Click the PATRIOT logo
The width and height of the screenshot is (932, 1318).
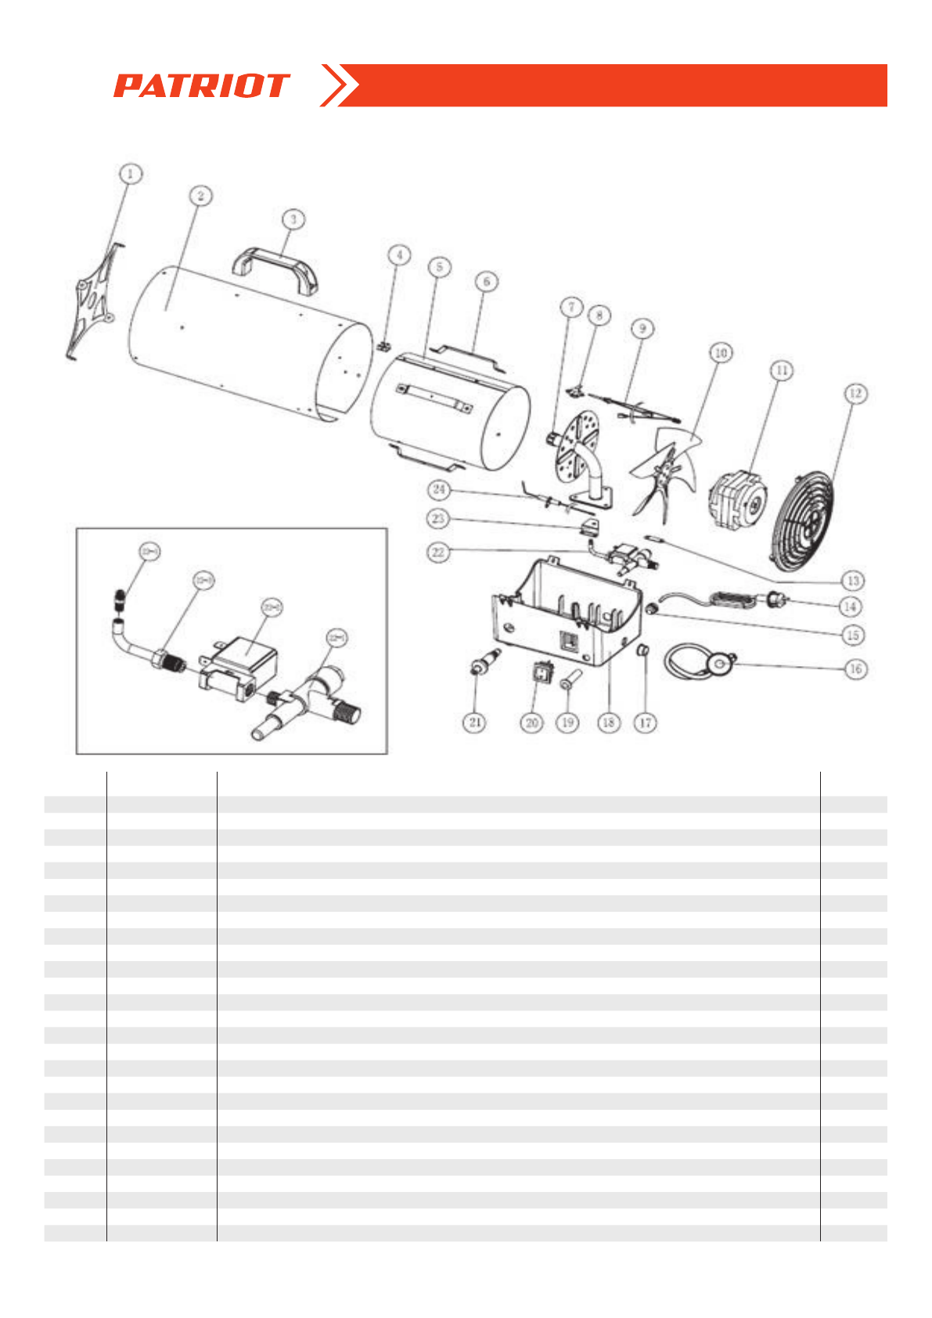pyautogui.click(x=201, y=85)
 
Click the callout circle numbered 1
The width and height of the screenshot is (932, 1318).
pyautogui.click(x=131, y=173)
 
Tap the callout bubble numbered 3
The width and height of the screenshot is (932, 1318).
pyautogui.click(x=293, y=219)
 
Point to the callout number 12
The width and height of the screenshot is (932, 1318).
pyautogui.click(x=855, y=393)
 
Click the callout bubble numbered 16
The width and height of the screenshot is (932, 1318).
pyautogui.click(x=855, y=668)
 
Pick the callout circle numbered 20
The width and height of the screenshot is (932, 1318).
pyautogui.click(x=532, y=722)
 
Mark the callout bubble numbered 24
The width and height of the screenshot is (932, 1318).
pyautogui.click(x=439, y=490)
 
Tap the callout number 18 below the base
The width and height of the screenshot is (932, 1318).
pyautogui.click(x=609, y=722)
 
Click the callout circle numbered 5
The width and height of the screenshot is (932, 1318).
pyautogui.click(x=439, y=267)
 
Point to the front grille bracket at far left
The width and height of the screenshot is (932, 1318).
pyautogui.click(x=92, y=301)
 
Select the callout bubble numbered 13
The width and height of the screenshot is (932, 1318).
pyautogui.click(x=853, y=580)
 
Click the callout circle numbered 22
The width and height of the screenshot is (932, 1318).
pyautogui.click(x=438, y=552)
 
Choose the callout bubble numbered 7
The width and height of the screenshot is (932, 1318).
pyautogui.click(x=571, y=307)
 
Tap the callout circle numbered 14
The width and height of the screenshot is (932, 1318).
pyautogui.click(x=851, y=606)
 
